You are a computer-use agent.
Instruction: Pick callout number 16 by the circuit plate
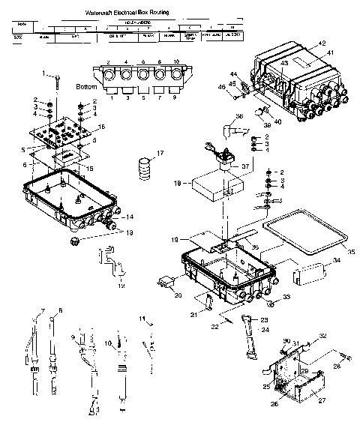(103, 127)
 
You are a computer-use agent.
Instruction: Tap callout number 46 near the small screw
(222, 88)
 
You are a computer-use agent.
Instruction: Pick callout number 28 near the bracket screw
(336, 366)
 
